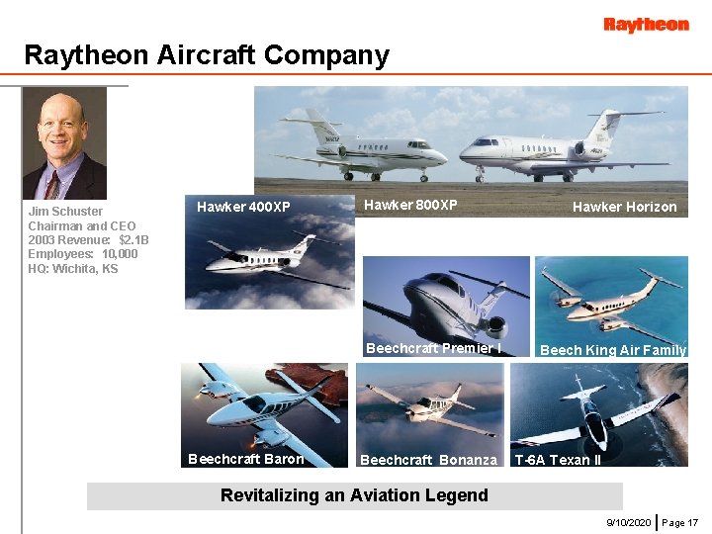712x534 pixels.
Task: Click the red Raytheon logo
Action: point(646,25)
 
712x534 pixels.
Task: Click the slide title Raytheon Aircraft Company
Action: point(207,55)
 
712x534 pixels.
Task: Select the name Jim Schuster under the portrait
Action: point(65,212)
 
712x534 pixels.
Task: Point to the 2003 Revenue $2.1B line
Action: point(88,240)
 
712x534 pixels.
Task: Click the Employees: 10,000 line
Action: point(83,254)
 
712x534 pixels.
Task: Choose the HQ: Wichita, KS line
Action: point(72,269)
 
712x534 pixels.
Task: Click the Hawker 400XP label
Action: point(243,207)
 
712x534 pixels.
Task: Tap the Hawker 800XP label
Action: point(410,205)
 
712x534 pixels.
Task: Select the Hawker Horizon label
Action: point(624,207)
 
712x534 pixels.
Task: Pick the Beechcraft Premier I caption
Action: point(433,348)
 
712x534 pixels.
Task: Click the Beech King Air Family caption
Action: point(612,350)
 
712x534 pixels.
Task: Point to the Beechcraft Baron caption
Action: point(245,459)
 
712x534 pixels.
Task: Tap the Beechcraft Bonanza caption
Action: point(428,460)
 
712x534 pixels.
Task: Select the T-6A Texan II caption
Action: point(558,460)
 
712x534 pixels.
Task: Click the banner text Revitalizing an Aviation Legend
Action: point(354,495)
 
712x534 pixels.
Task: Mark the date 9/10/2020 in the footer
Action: point(628,521)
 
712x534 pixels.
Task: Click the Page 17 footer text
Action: point(680,521)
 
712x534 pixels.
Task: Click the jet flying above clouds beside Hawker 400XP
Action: point(267,259)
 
